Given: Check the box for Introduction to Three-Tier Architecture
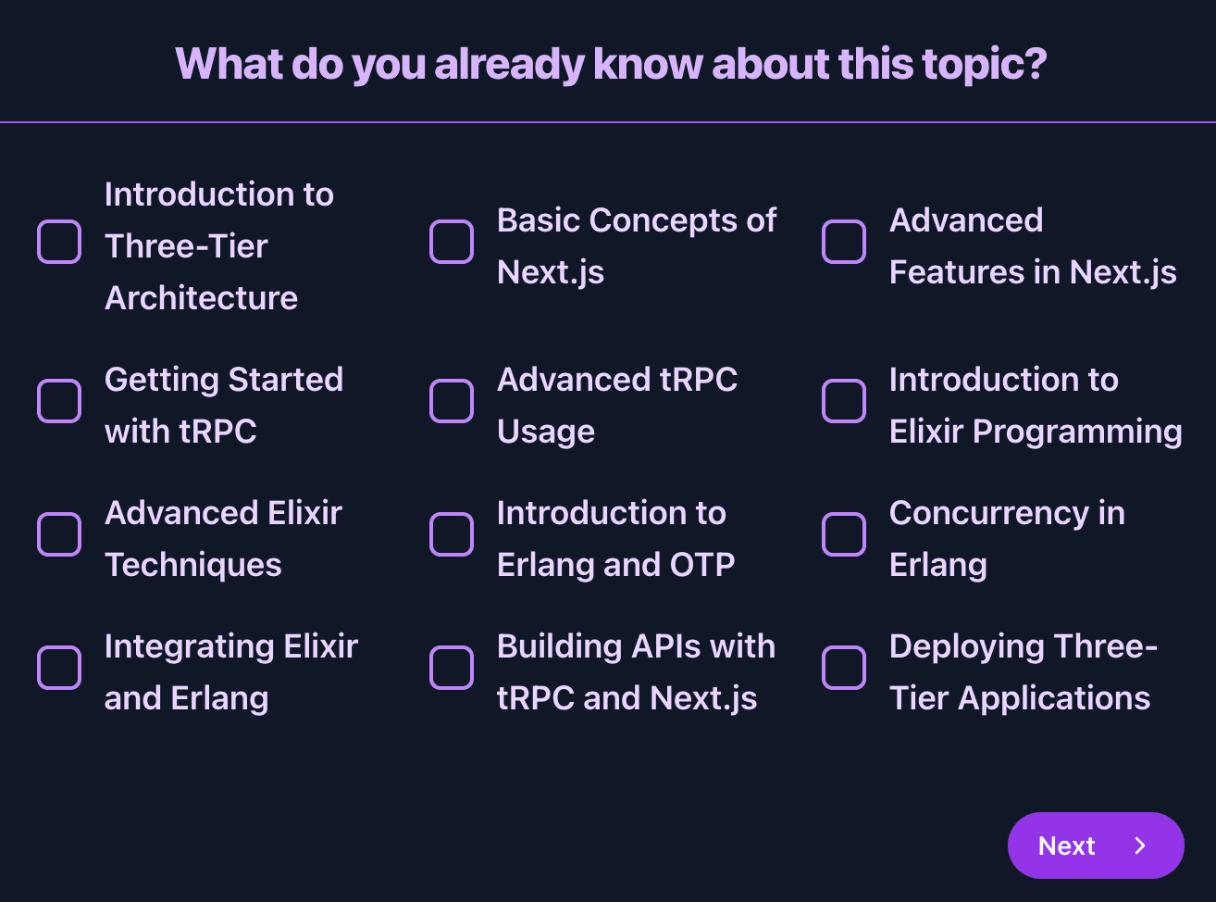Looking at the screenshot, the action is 59,242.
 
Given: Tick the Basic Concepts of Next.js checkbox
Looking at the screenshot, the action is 452,242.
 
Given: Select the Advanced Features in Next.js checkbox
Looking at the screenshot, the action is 844,242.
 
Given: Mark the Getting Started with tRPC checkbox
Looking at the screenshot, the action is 59,401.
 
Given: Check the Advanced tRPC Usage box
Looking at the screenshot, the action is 452,401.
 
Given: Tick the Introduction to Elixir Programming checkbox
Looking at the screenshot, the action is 844,401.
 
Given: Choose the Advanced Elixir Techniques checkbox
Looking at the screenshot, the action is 59,534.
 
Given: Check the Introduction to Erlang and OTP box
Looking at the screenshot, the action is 452,534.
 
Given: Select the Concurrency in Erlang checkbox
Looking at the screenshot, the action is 844,534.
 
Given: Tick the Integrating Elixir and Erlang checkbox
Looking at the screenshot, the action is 59,668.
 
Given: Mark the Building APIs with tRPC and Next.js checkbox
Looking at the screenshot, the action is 452,668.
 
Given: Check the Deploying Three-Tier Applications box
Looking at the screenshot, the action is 844,668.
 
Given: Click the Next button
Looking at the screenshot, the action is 1096,846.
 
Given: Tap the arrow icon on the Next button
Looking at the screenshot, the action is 1140,846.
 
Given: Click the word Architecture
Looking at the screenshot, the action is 201,298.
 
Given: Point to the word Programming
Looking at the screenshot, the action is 1077,432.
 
